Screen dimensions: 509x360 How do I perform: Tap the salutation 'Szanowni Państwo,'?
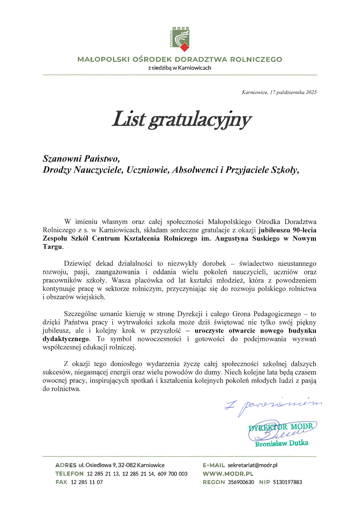tap(81, 159)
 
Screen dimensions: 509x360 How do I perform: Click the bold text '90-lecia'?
tap(304, 230)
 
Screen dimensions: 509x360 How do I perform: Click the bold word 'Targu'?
tap(52, 247)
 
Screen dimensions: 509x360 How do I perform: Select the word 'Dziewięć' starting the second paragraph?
tap(78, 264)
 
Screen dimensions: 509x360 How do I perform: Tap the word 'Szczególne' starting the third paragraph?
tap(80, 314)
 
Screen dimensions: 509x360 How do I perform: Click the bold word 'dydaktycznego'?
tap(66, 339)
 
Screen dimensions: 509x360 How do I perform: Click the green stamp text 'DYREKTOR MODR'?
tap(281, 427)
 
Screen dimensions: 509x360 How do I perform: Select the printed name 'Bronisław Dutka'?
tap(282, 443)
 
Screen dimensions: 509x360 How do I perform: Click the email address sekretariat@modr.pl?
tap(252, 465)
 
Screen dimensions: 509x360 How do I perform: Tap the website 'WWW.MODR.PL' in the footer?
tap(228, 474)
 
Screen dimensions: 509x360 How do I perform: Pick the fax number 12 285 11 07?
tap(87, 482)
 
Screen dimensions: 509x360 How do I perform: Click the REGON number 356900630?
tap(241, 482)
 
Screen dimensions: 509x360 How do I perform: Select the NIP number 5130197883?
tap(287, 482)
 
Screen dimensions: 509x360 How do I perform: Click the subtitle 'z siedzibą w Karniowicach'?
tap(179, 68)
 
